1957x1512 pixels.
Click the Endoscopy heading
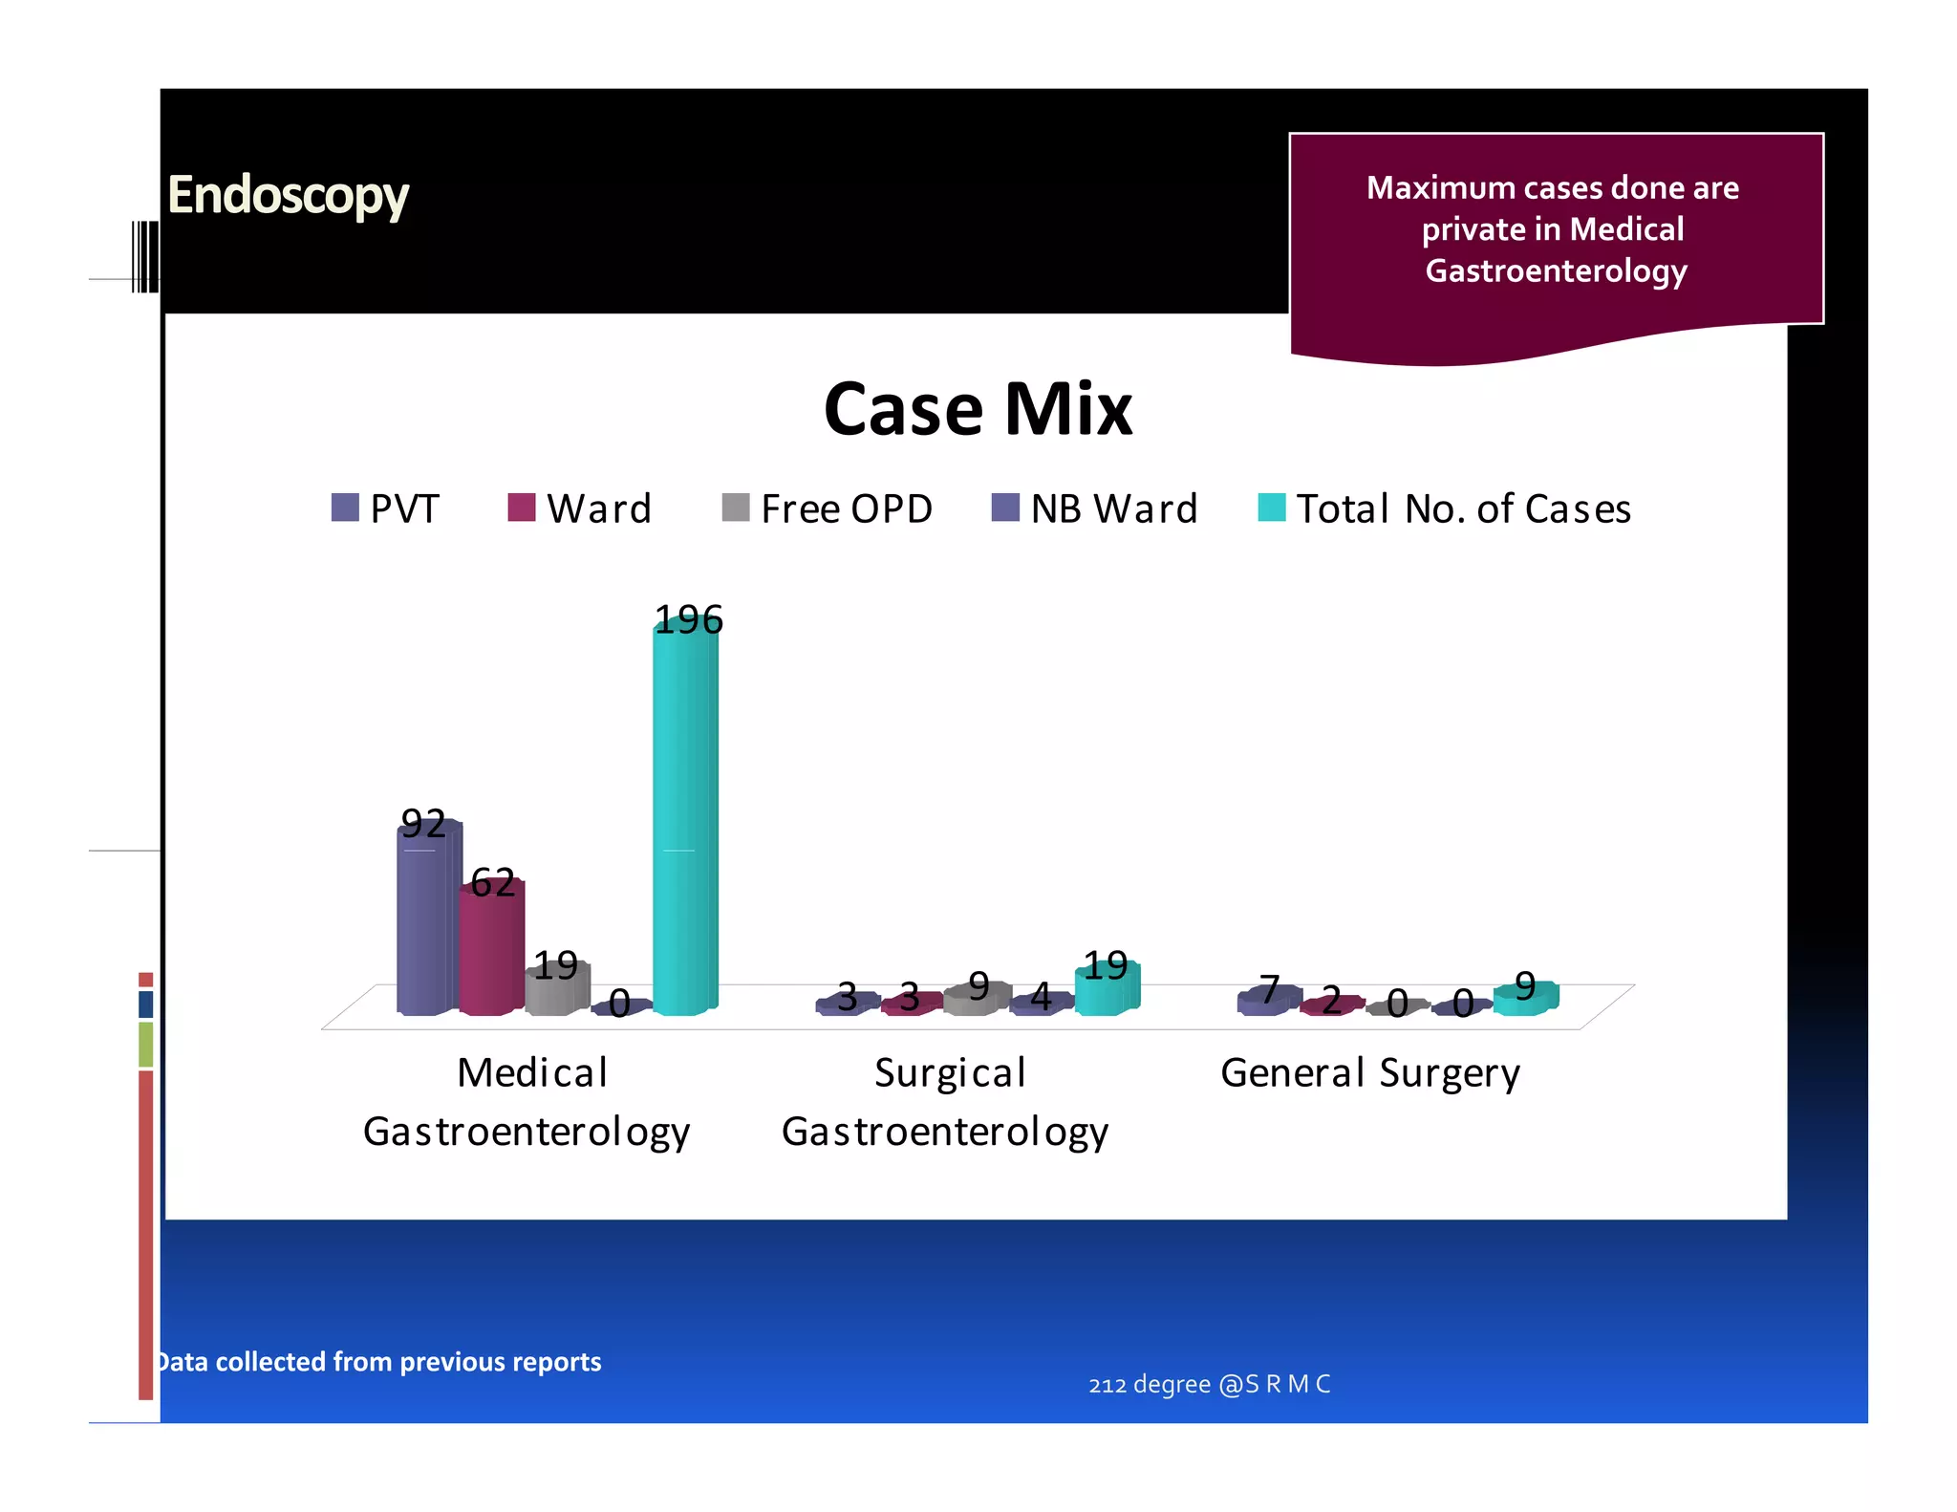point(288,196)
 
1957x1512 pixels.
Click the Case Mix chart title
point(978,409)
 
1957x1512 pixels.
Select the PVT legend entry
point(386,508)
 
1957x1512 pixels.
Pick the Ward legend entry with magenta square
point(580,508)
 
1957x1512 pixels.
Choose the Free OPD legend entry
point(828,508)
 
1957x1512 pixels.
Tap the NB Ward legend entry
point(1095,508)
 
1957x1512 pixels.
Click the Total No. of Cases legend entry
point(1445,508)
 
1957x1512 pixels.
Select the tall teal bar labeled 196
point(684,832)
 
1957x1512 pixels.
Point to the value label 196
point(688,620)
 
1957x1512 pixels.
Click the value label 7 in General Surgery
point(1269,989)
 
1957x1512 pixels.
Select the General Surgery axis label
point(1369,1072)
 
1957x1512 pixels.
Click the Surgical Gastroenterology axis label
point(946,1101)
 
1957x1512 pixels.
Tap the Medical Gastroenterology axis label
point(527,1101)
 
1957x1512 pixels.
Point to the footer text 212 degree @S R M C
point(1209,1384)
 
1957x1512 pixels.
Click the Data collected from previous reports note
point(379,1361)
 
